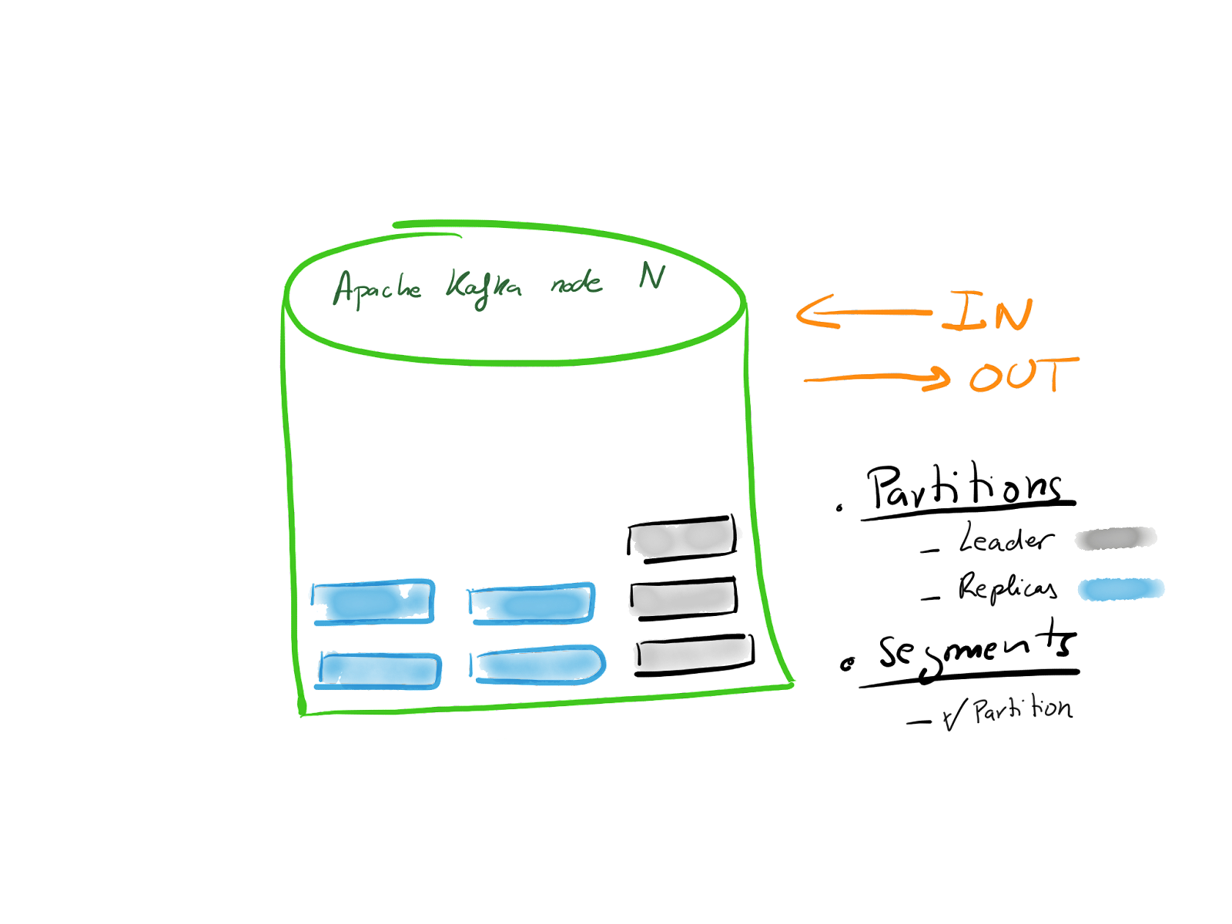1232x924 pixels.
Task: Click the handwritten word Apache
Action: point(377,289)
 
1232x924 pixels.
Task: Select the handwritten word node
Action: point(576,285)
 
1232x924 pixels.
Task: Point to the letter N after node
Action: point(651,276)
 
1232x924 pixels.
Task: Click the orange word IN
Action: point(987,312)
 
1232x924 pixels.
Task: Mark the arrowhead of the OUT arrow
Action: point(941,377)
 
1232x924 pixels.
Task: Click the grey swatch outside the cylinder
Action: point(1116,538)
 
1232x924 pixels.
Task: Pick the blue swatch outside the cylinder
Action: point(1121,590)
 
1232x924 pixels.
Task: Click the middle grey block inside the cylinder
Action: point(682,599)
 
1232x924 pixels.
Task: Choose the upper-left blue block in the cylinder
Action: point(373,601)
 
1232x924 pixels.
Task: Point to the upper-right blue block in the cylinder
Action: point(531,603)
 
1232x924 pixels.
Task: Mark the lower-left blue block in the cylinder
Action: point(379,669)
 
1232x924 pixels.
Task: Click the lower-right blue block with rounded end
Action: point(537,665)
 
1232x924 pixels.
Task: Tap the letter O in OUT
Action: point(986,377)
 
